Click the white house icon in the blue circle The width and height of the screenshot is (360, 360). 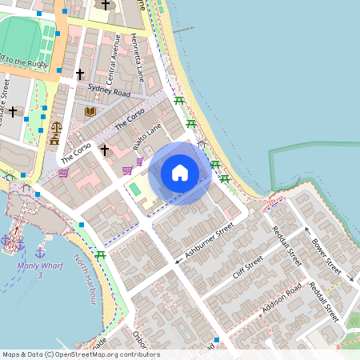(x=180, y=173)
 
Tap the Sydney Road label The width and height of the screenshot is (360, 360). (x=109, y=92)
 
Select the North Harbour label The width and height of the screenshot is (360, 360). (x=86, y=279)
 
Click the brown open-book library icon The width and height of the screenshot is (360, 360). (x=90, y=111)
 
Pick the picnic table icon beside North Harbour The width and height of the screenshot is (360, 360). (x=101, y=255)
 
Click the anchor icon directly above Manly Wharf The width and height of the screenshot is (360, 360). (x=39, y=253)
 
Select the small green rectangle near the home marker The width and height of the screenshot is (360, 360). (x=134, y=190)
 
